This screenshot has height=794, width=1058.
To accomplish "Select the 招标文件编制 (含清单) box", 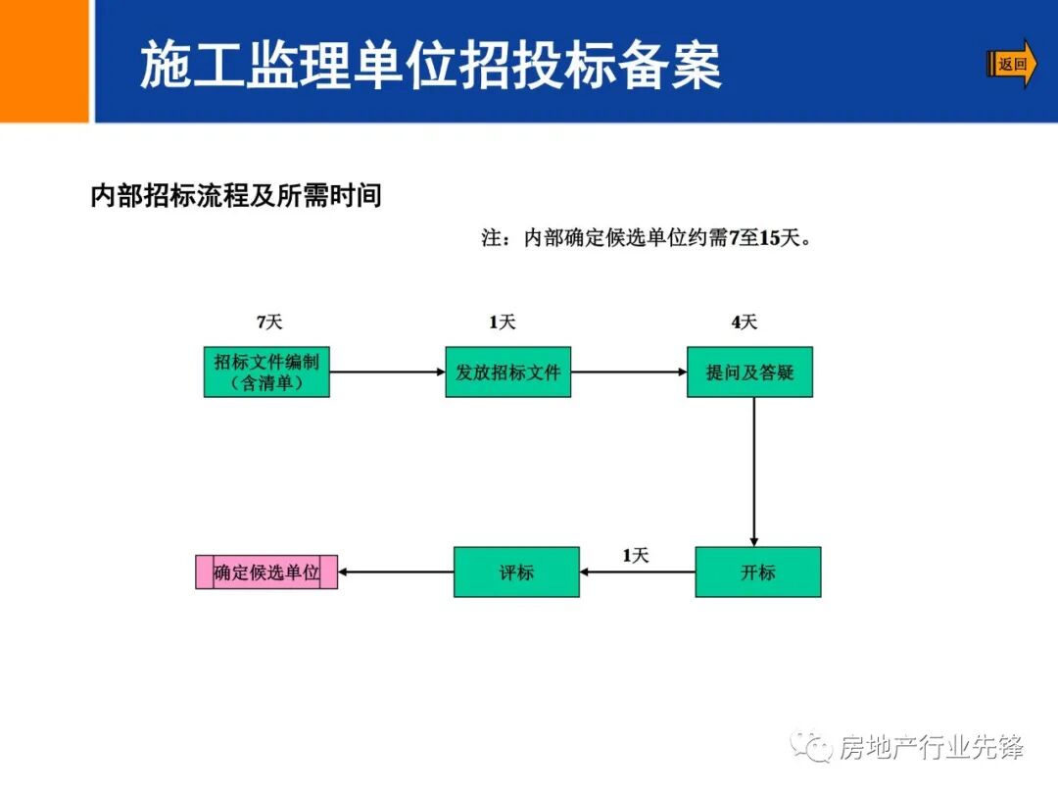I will [x=266, y=372].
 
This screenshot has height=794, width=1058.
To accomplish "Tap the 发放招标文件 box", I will [x=507, y=372].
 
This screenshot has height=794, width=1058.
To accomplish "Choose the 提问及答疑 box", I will [x=749, y=372].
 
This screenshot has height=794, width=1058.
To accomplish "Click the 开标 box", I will [x=757, y=571].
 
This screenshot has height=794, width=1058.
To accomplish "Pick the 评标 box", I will [x=516, y=571].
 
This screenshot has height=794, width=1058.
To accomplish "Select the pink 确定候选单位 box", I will [x=266, y=572].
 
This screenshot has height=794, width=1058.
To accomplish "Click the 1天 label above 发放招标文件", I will [x=502, y=323].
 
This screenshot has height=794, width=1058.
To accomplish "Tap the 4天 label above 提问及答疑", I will [x=744, y=323].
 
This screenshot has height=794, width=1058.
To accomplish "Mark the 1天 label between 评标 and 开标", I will [x=636, y=556].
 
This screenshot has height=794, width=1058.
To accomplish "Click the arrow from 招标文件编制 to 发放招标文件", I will [x=387, y=372].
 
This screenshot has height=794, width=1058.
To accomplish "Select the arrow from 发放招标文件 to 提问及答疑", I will [x=628, y=372].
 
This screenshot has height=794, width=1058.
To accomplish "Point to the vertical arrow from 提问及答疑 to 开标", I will [x=753, y=471].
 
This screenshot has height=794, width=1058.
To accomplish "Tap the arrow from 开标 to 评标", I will [x=637, y=572].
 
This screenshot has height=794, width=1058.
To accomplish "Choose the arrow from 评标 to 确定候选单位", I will [x=396, y=572].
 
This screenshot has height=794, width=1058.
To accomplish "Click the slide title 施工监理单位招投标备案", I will [x=431, y=66].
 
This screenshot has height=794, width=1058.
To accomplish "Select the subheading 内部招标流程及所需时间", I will [x=236, y=196].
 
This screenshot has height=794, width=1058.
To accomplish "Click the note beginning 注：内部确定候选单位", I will [x=647, y=238].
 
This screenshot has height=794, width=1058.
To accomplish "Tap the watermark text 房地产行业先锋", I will [x=931, y=748].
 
